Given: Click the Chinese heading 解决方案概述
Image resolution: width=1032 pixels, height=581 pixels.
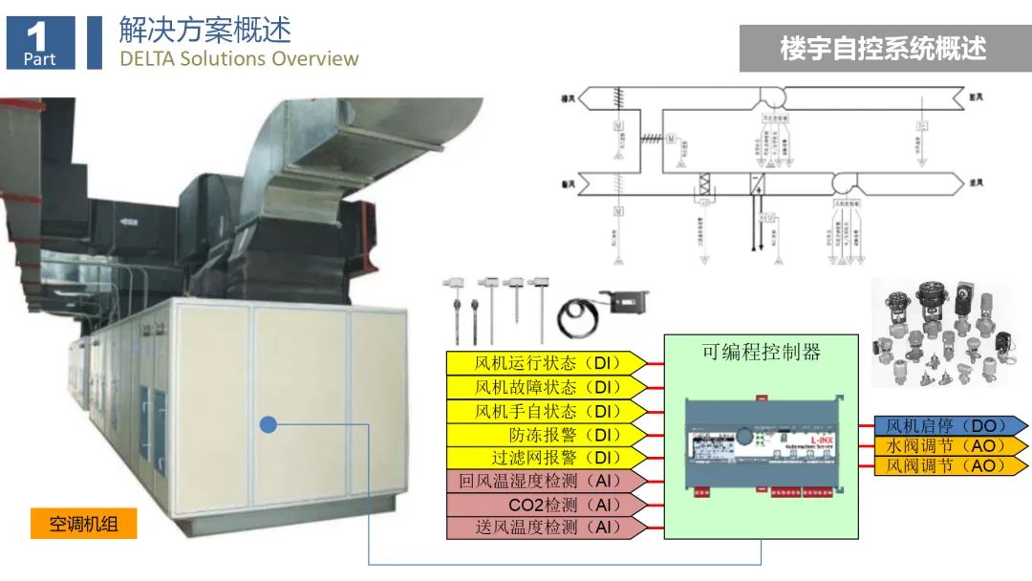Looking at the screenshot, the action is click(204, 29).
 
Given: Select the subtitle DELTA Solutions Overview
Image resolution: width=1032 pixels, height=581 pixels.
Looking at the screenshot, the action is click(239, 58).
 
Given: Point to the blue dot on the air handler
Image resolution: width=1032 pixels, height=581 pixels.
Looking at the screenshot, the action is click(269, 423).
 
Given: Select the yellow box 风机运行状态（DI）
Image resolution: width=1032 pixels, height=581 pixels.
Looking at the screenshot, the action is click(547, 363).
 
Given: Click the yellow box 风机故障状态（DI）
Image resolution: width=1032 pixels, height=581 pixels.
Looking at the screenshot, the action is click(547, 387).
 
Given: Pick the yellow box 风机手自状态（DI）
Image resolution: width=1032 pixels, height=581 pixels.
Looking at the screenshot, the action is click(547, 411).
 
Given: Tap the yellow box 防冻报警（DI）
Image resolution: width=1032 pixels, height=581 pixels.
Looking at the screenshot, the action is click(547, 434).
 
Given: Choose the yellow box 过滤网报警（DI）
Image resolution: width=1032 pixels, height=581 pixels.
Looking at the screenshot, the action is click(547, 458).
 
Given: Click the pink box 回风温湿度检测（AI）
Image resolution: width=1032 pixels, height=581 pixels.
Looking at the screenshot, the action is click(547, 481).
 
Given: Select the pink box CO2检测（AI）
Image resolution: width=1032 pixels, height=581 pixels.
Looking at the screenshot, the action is click(547, 505).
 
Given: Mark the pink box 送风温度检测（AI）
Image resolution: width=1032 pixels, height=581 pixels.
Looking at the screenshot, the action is click(547, 527).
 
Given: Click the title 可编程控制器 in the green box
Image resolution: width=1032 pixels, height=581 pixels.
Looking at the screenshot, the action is click(761, 352).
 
